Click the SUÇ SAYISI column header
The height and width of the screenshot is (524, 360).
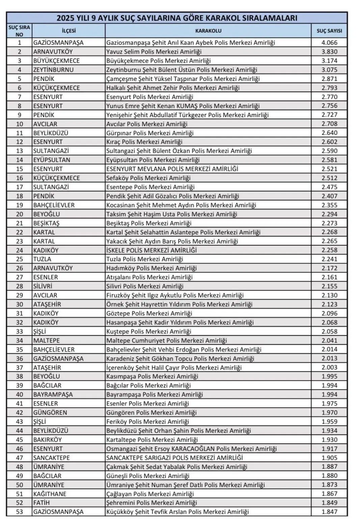329,31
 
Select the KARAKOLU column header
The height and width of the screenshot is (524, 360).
208,31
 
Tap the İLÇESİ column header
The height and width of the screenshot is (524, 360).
68,31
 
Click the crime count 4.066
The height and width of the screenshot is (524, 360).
329,43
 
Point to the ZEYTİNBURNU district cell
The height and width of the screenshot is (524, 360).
53,70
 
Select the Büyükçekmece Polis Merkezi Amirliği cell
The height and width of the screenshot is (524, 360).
158,61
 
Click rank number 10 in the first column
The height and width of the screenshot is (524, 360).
19,124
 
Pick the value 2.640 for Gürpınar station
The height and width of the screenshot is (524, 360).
329,133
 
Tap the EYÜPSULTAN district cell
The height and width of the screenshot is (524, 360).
51,160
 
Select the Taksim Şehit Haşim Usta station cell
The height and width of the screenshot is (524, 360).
171,214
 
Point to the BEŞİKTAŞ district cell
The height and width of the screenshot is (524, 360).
46,223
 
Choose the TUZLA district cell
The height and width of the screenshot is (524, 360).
42,259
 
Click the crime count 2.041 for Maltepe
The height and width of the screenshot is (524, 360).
329,340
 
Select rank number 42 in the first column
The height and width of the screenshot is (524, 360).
19,412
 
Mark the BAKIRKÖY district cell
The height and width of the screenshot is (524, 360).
47,440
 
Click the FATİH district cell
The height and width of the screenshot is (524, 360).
41,503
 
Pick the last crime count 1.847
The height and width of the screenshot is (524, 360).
329,512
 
